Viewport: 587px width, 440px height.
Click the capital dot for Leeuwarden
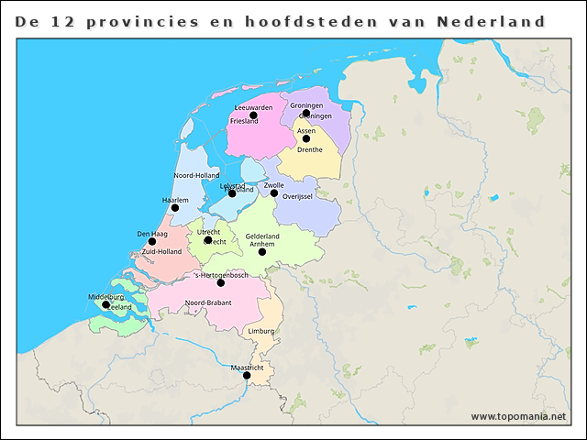pyautogui.click(x=253, y=115)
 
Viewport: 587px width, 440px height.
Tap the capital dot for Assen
pyautogui.click(x=306, y=138)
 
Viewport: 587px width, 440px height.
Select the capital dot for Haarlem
pyautogui.click(x=175, y=208)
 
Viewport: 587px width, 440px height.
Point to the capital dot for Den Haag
pyautogui.click(x=152, y=242)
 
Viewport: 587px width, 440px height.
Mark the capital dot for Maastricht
pyautogui.click(x=247, y=375)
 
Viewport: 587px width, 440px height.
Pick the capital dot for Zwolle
pyautogui.click(x=274, y=192)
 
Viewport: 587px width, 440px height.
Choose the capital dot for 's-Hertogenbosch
pyautogui.click(x=220, y=282)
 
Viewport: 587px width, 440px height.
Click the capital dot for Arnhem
pyautogui.click(x=262, y=252)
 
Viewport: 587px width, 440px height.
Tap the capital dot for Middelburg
pyautogui.click(x=105, y=304)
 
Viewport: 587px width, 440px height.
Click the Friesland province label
pyautogui.click(x=244, y=121)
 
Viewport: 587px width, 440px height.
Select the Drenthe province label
pyautogui.click(x=310, y=150)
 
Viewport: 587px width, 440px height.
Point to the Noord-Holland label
pyautogui.click(x=196, y=175)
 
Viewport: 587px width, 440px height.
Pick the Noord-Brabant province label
pyautogui.click(x=208, y=302)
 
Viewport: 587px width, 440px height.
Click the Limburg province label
pyautogui.click(x=261, y=330)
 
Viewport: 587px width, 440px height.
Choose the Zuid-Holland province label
pyautogui.click(x=161, y=251)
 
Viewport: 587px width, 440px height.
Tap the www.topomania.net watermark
pyautogui.click(x=518, y=416)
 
